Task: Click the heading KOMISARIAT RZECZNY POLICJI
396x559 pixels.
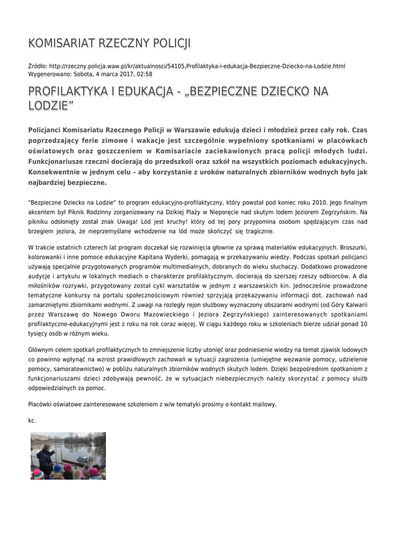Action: [109, 44]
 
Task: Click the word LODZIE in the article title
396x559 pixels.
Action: [49, 105]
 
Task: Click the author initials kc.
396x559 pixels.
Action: [32, 420]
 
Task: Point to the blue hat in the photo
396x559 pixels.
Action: [57, 468]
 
